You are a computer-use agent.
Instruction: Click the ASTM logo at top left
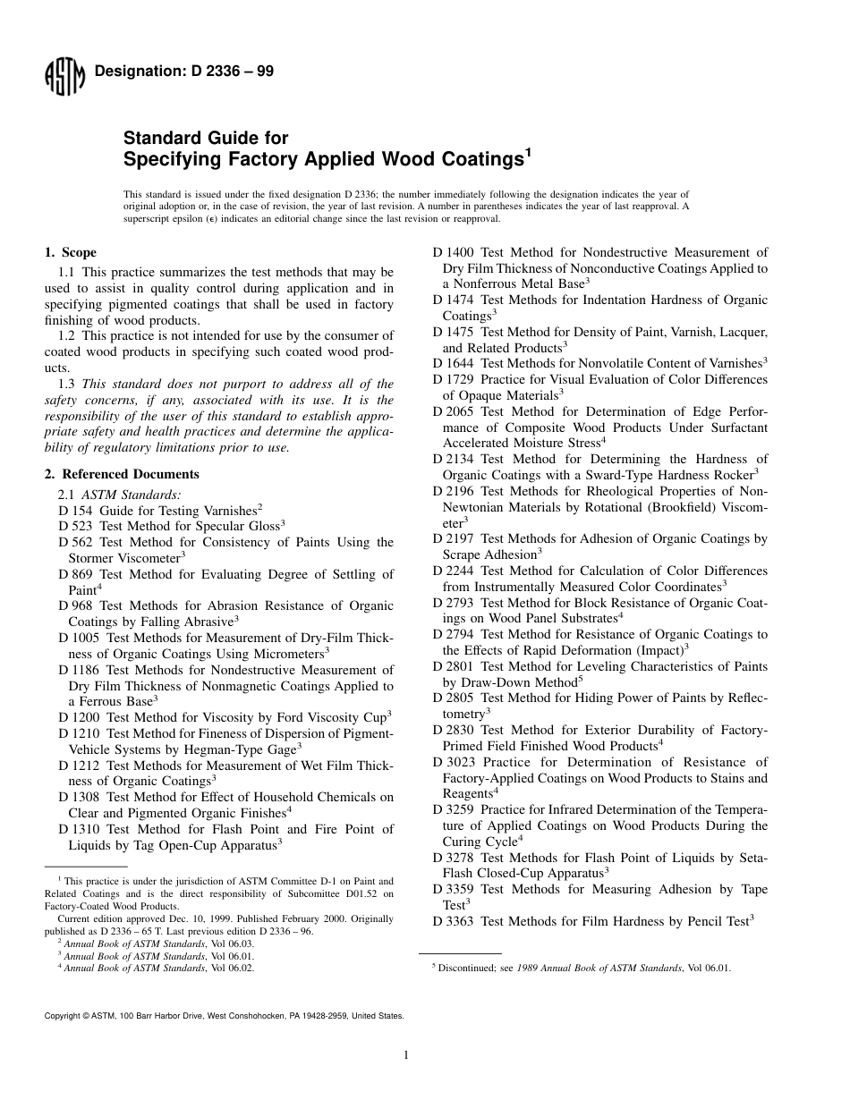coord(64,79)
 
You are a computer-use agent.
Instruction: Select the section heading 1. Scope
coord(71,253)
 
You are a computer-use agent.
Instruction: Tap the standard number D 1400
coord(455,253)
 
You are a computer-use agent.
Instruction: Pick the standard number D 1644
coord(455,364)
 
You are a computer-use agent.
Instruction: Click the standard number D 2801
coord(455,666)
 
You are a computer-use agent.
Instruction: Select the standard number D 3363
coord(455,921)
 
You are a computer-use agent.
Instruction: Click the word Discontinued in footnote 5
coord(464,968)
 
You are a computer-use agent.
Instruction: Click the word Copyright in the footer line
coord(62,1016)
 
